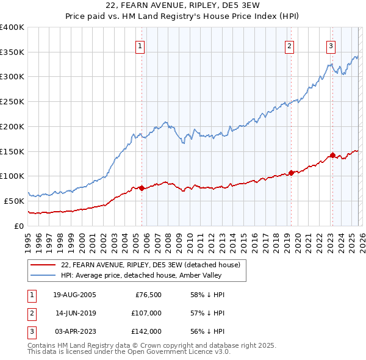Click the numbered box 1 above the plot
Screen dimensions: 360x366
(140, 46)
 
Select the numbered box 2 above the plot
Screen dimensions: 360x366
(289, 46)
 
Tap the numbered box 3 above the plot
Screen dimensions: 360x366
(331, 46)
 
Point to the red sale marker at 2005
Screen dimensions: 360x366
(142, 188)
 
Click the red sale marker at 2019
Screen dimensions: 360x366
(291, 173)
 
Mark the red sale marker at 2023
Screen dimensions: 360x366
(332, 155)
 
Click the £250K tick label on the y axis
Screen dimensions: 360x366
(12, 101)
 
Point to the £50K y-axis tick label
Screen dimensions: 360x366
(15, 201)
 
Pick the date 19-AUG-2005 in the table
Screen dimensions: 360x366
(75, 295)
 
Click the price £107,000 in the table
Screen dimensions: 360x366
(146, 313)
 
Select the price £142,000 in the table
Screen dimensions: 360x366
(146, 331)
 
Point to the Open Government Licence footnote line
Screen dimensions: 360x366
(129, 352)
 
